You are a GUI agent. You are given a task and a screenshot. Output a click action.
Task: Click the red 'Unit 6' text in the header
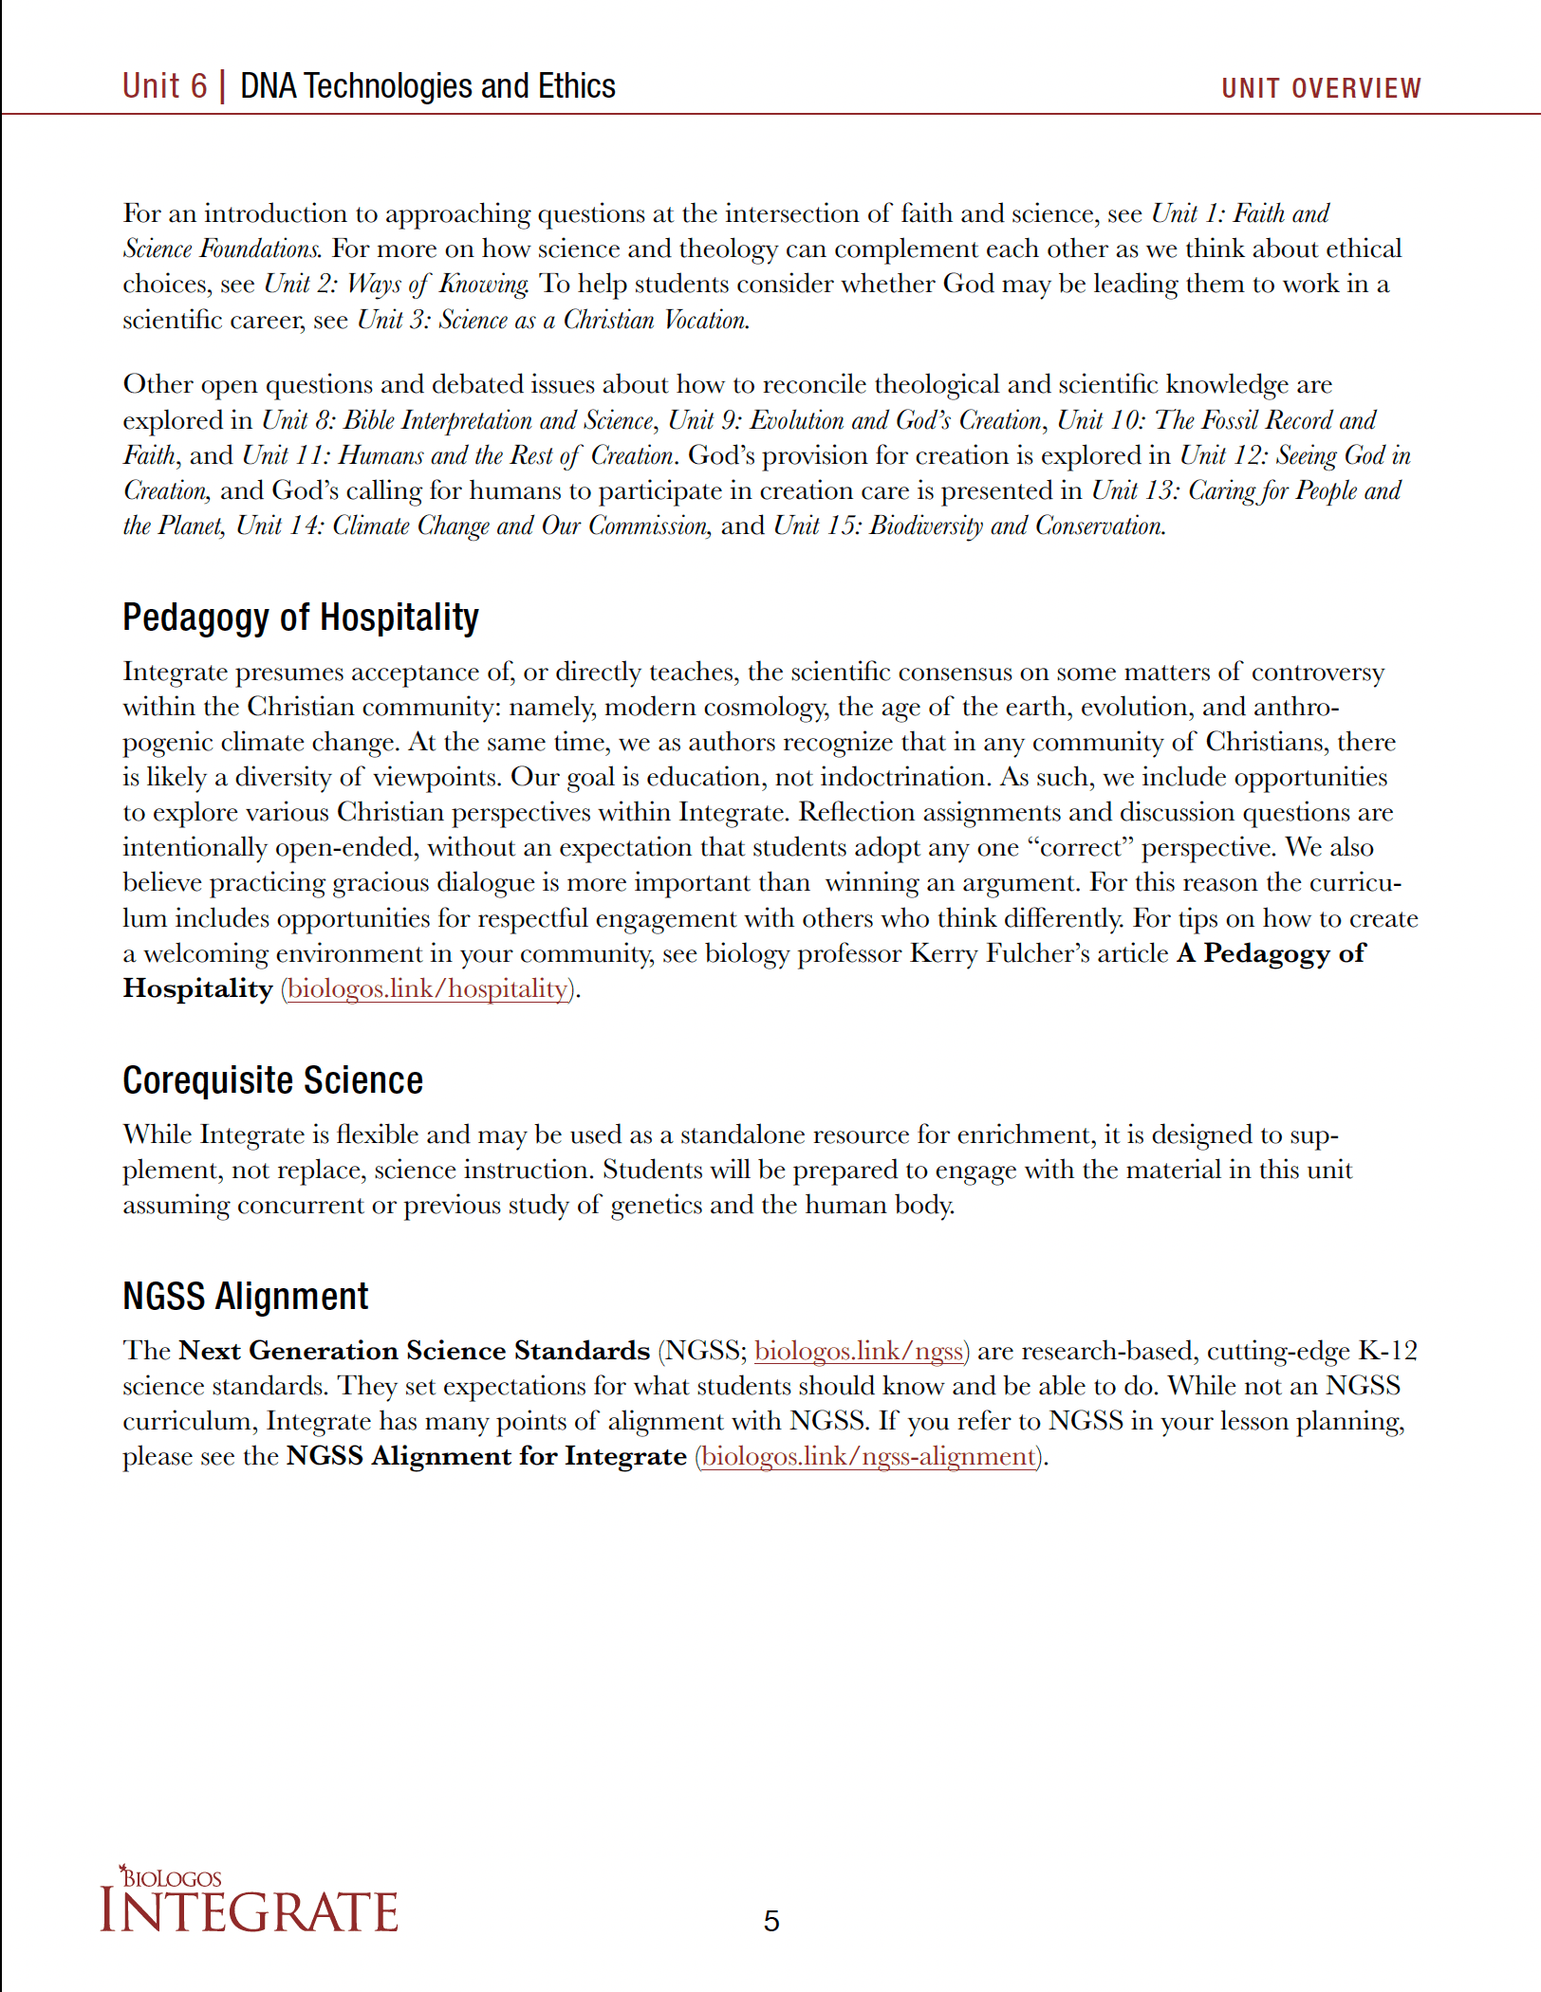164,86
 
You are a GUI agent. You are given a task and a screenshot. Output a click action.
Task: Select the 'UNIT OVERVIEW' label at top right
1320,88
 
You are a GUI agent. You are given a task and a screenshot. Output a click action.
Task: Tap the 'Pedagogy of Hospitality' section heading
300,618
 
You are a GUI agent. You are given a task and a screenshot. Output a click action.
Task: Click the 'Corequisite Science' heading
272,1080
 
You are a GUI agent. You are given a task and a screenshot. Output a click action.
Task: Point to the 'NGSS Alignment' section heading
245,1296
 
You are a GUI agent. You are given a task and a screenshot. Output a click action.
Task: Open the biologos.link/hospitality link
427,988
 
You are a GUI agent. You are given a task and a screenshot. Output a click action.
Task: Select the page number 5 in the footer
770,1921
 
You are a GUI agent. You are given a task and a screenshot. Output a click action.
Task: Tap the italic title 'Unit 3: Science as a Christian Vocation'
552,320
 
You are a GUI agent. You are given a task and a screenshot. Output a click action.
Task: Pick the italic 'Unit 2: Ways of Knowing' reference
396,284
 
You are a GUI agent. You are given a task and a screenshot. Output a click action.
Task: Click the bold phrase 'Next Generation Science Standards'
414,1350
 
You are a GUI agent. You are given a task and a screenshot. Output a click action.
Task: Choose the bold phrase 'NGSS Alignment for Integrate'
486,1456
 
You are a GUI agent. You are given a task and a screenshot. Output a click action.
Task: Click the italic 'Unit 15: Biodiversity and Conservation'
969,526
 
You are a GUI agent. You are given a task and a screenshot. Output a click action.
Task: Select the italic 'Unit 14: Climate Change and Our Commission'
472,526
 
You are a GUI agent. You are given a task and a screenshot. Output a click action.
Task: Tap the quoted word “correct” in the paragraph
1080,847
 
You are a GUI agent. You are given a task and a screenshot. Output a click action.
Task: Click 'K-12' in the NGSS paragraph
1387,1350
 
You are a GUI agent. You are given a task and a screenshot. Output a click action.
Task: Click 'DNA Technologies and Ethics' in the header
427,86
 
